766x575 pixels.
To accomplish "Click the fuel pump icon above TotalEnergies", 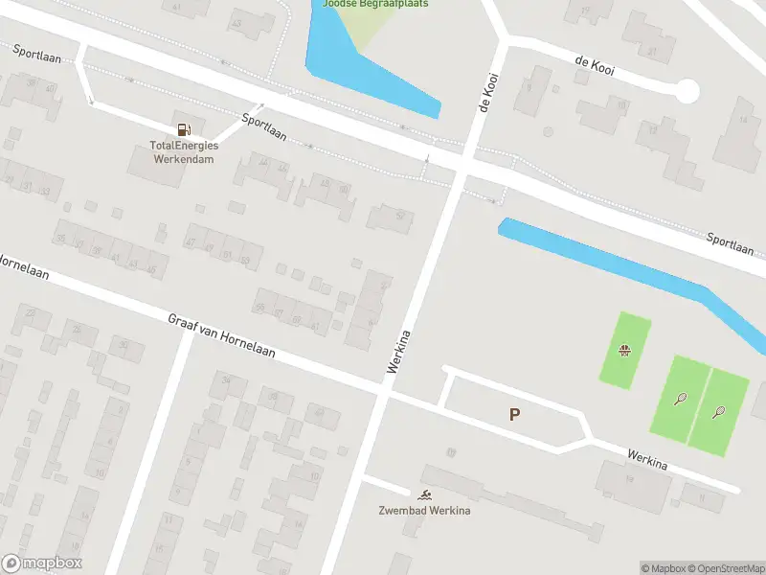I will pyautogui.click(x=182, y=128).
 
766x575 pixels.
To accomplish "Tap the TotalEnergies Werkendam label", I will pyautogui.click(x=184, y=151).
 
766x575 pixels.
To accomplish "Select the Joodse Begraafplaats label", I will pyautogui.click(x=375, y=4).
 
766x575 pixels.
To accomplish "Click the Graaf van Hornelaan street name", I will pyautogui.click(x=221, y=335).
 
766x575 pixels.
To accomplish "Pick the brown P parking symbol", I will pyautogui.click(x=514, y=414).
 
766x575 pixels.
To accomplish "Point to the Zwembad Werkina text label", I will pyautogui.click(x=424, y=510).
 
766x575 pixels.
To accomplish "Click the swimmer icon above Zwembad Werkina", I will pyautogui.click(x=424, y=494).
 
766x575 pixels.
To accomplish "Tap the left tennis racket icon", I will pyautogui.click(x=680, y=398).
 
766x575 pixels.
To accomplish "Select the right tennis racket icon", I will pyautogui.click(x=718, y=412).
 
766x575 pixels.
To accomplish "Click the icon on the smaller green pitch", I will pyautogui.click(x=625, y=350).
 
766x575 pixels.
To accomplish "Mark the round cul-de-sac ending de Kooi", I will pyautogui.click(x=687, y=92).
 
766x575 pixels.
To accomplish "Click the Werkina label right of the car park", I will pyautogui.click(x=647, y=460).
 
